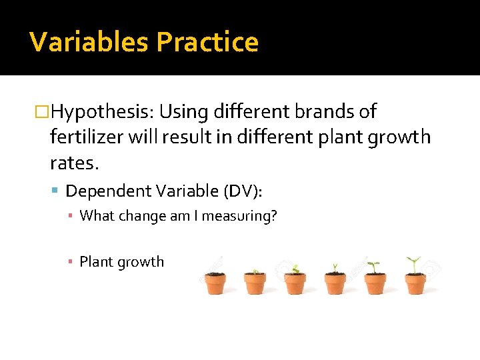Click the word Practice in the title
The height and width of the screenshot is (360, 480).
[207, 42]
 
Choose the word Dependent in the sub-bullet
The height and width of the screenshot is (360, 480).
[109, 191]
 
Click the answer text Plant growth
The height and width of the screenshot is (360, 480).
[121, 262]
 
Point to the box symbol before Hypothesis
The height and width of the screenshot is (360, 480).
[43, 111]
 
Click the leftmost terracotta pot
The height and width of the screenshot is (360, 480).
[215, 283]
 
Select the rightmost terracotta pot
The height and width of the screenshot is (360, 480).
[415, 283]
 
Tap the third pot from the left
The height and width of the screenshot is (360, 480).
[295, 283]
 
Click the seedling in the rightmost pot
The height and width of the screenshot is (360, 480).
[414, 264]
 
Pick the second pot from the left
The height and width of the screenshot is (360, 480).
[255, 283]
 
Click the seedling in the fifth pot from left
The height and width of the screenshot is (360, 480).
[374, 266]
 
